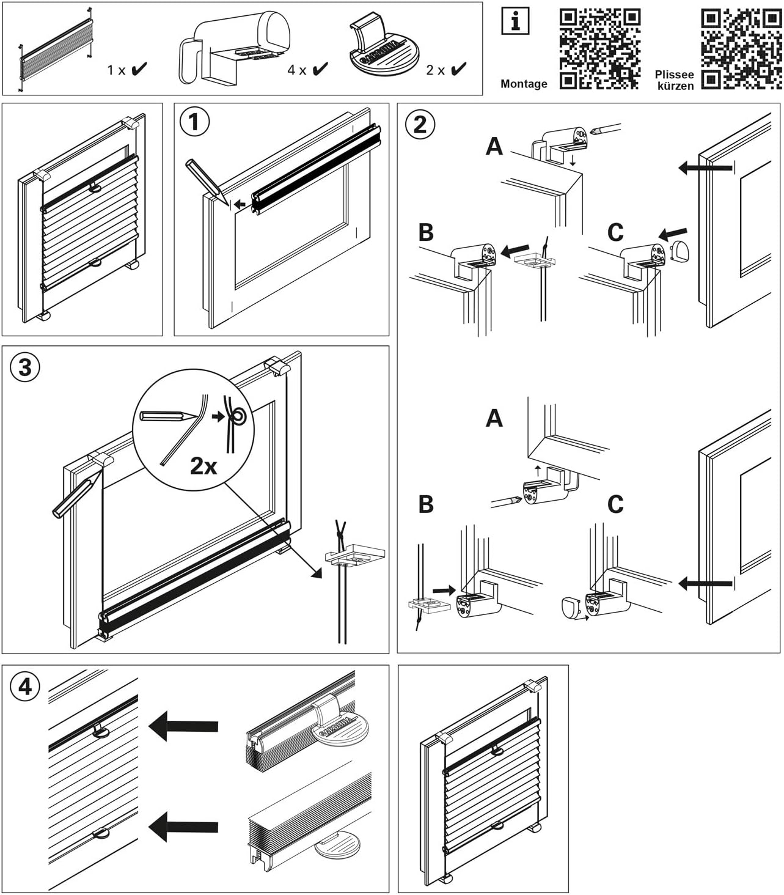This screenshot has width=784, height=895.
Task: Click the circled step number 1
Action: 194,122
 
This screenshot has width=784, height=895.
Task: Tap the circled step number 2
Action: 420,124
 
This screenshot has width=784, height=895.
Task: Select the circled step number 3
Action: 25,367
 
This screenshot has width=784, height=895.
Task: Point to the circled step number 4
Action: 25,687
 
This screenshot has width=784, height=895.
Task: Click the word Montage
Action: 524,84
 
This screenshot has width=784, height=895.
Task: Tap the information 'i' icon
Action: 515,22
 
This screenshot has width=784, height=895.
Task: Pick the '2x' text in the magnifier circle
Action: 203,466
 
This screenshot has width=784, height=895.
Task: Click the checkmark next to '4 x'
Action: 320,69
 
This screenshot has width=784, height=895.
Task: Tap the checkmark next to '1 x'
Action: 139,69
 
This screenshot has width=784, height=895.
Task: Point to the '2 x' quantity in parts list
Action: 436,70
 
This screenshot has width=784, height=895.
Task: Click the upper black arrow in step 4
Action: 183,726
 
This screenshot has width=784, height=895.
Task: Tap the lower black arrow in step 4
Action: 183,827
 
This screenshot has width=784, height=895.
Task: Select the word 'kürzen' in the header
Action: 675,86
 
